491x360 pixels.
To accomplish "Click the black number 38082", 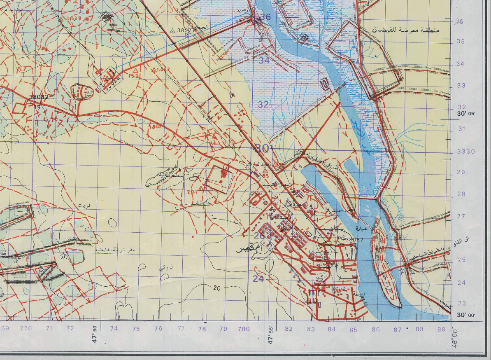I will click(39, 97).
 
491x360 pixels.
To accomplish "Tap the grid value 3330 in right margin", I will click(465, 152).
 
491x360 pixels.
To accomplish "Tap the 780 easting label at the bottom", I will click(244, 329).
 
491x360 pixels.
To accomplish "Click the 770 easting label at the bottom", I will click(26, 329).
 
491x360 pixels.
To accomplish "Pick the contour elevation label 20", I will click(217, 288).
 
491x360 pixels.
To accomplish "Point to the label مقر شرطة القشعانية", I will click(117, 250).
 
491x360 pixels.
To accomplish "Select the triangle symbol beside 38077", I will click(173, 30).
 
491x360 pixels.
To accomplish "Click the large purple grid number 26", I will click(259, 236).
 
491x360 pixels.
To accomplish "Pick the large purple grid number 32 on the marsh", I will click(263, 104).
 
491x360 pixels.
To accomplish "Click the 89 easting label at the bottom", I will click(442, 329).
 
